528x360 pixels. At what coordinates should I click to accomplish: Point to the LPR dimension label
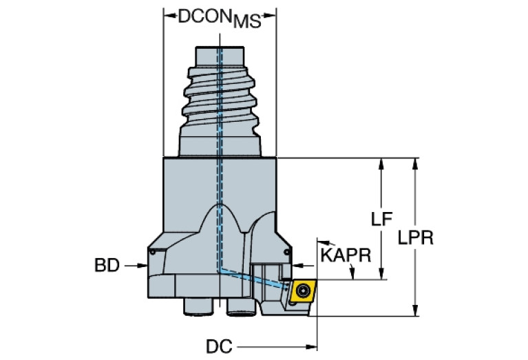tap(415, 237)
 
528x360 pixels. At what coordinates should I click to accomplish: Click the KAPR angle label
tap(346, 255)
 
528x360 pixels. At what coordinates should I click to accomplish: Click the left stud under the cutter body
tap(197, 308)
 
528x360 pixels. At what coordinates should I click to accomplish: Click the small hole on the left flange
tap(151, 254)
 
